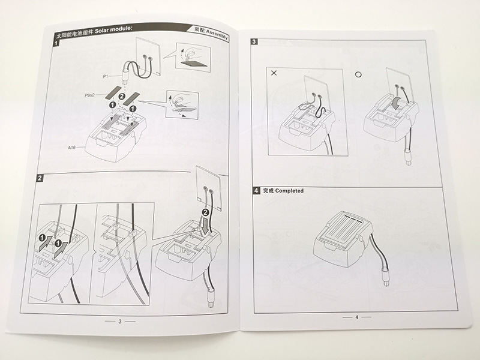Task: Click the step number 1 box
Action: (x=56, y=43)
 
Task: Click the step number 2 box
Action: (x=40, y=178)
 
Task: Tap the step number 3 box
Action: (x=254, y=41)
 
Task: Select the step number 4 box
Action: (x=256, y=191)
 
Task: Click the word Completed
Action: (x=289, y=191)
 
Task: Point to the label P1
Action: (x=106, y=76)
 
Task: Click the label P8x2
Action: (x=89, y=95)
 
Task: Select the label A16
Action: (x=71, y=148)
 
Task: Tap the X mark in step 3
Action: (x=274, y=73)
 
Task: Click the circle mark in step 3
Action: (x=358, y=74)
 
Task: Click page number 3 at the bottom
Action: (x=120, y=322)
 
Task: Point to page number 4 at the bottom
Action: (x=356, y=317)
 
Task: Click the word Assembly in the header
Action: (x=217, y=34)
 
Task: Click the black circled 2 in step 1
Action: (x=122, y=97)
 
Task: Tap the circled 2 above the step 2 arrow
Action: (x=205, y=212)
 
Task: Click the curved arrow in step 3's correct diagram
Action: (x=397, y=103)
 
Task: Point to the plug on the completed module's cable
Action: (x=385, y=276)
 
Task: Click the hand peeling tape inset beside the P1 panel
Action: (x=193, y=58)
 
